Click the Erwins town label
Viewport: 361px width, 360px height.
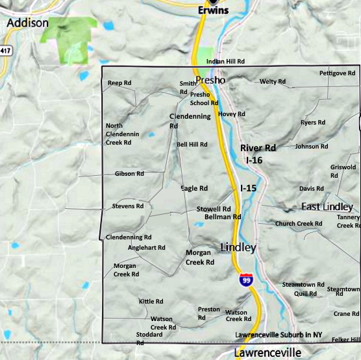click(214, 10)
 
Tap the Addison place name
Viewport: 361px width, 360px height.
click(27, 23)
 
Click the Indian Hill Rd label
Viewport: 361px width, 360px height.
click(225, 62)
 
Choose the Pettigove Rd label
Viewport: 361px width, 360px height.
click(332, 73)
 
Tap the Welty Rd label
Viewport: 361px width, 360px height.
click(272, 82)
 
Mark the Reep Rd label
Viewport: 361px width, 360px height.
click(119, 83)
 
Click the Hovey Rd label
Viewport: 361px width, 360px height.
click(232, 114)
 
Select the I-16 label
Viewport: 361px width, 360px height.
click(254, 159)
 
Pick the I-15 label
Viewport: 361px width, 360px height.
click(248, 188)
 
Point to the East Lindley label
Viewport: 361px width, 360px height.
click(327, 207)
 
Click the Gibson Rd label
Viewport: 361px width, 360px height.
click(129, 174)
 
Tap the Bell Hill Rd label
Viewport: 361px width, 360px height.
click(192, 145)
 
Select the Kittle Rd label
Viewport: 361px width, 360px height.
click(151, 302)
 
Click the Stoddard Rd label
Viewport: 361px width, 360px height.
click(149, 338)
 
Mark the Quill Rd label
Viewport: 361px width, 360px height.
click(305, 294)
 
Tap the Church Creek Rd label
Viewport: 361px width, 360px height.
click(298, 224)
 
